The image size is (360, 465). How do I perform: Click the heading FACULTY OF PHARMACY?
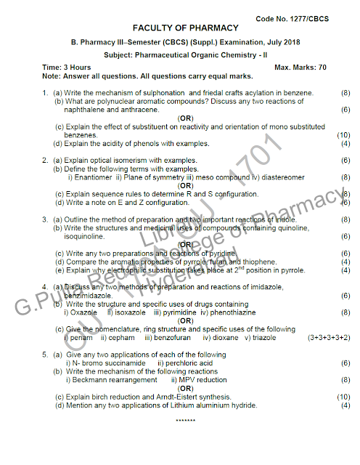pos(185,28)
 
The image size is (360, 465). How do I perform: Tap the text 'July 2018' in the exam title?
pos(282,43)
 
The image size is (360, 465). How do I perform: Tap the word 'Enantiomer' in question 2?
pos(91,177)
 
